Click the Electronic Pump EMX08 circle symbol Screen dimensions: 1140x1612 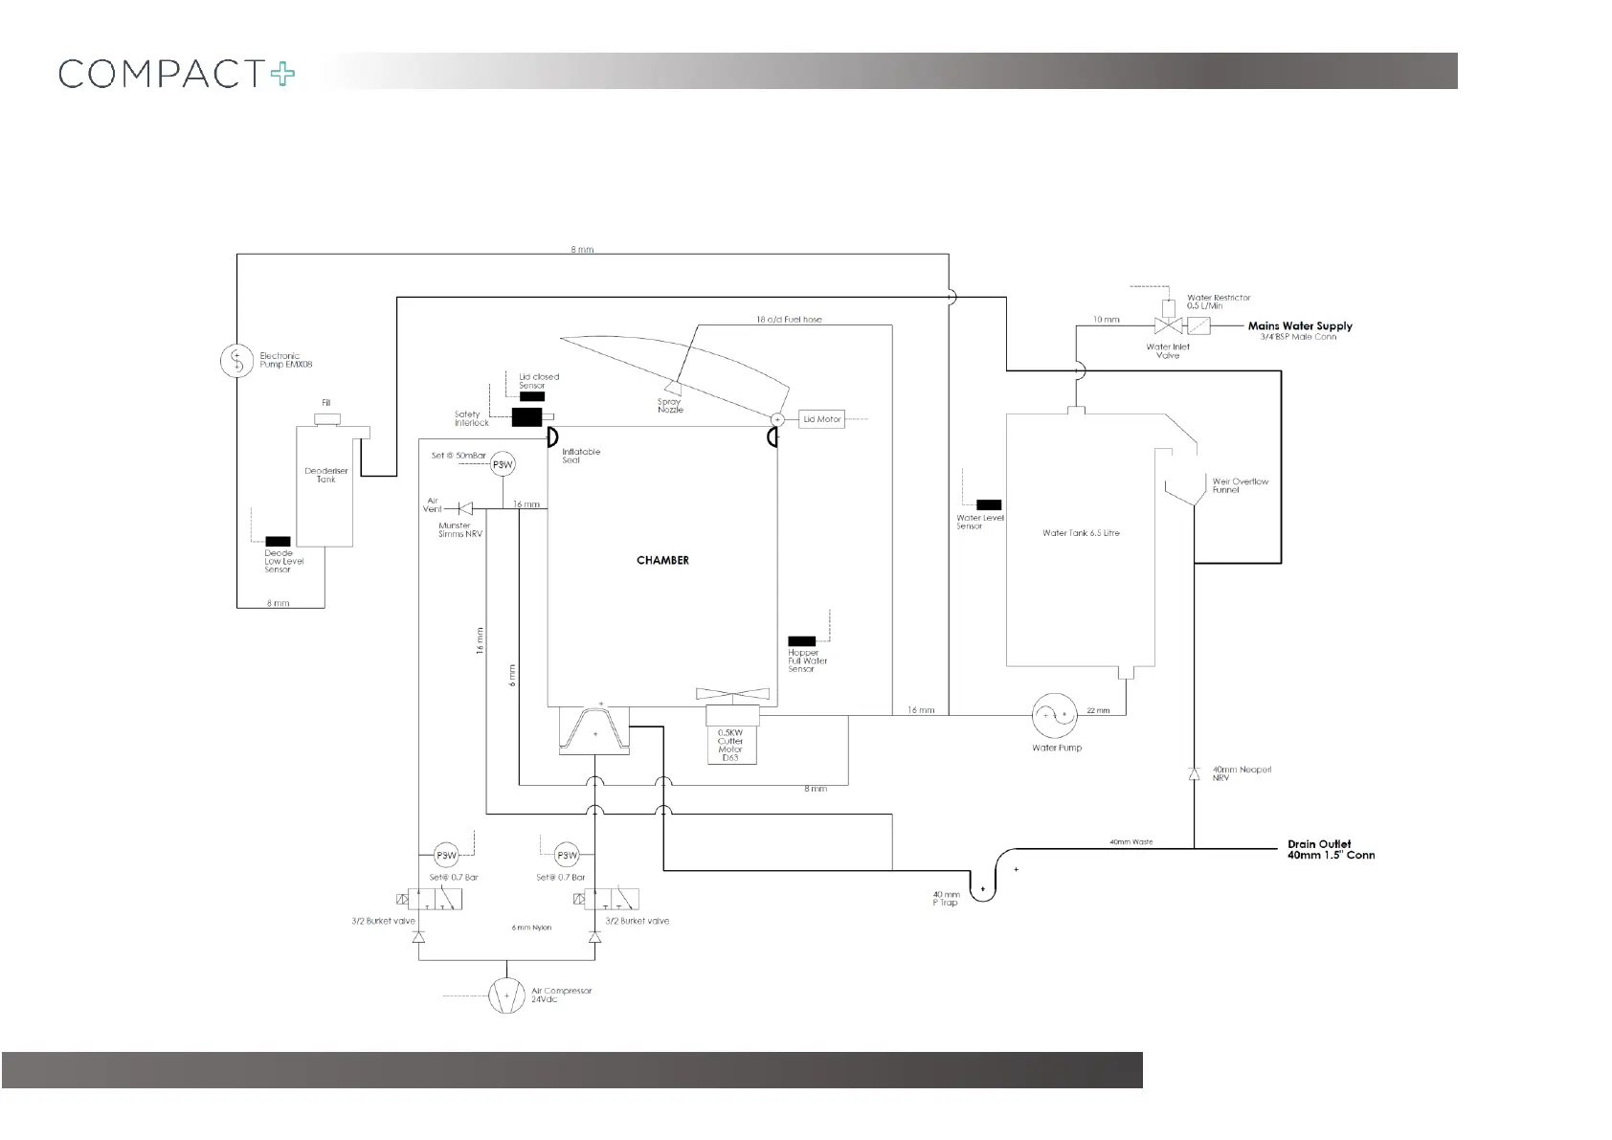tap(235, 361)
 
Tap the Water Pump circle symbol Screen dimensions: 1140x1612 tap(1054, 714)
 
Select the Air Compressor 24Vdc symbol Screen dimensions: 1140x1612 tap(506, 995)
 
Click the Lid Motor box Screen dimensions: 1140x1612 tap(821, 419)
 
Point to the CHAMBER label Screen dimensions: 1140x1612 tap(662, 560)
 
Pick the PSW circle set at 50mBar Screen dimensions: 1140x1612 tap(503, 465)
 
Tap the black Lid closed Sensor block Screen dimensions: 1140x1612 tap(532, 396)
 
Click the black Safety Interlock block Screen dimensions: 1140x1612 tap(527, 416)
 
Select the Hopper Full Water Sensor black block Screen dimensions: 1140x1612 tap(801, 641)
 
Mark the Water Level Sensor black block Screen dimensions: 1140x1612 tap(989, 504)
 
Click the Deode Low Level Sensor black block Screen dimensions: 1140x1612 tap(278, 542)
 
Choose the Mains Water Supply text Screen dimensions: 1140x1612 tap(1300, 326)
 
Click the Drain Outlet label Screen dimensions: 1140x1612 tap(1319, 844)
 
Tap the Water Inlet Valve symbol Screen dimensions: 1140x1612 tap(1167, 326)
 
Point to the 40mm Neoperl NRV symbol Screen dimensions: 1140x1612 tap(1194, 773)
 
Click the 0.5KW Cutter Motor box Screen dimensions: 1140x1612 tap(731, 734)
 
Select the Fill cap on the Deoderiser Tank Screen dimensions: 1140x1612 tap(326, 419)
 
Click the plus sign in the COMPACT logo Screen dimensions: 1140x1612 tap(282, 74)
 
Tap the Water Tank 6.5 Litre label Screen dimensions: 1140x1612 tap(1081, 533)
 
